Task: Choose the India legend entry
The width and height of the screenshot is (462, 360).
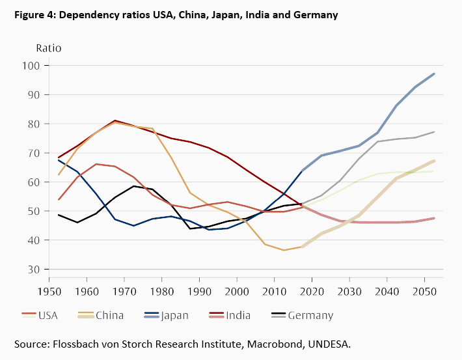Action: (x=241, y=316)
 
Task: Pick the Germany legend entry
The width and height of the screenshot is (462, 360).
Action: (x=310, y=316)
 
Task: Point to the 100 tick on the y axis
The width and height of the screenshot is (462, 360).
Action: (x=50, y=66)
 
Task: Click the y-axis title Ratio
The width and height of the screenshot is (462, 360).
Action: (x=48, y=48)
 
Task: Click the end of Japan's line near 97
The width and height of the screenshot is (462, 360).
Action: (x=434, y=74)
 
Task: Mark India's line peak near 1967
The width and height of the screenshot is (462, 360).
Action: (x=115, y=120)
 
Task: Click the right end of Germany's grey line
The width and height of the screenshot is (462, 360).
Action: (x=434, y=132)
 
